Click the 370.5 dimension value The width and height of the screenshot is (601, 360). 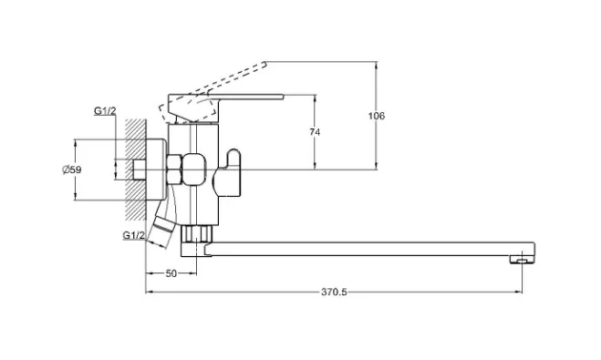pyautogui.click(x=334, y=292)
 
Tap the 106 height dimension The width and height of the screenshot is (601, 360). pyautogui.click(x=377, y=116)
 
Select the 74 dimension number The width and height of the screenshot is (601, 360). pyautogui.click(x=315, y=132)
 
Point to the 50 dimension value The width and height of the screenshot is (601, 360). pyautogui.click(x=171, y=273)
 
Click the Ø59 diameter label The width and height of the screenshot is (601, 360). pyautogui.click(x=72, y=170)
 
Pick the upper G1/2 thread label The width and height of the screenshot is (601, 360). pyautogui.click(x=105, y=111)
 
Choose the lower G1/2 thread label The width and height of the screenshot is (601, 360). pyautogui.click(x=134, y=235)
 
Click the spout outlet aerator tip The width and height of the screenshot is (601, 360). pyautogui.click(x=522, y=260)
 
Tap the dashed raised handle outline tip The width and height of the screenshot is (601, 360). pyautogui.click(x=264, y=65)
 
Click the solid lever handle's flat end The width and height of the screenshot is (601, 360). pyautogui.click(x=281, y=97)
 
